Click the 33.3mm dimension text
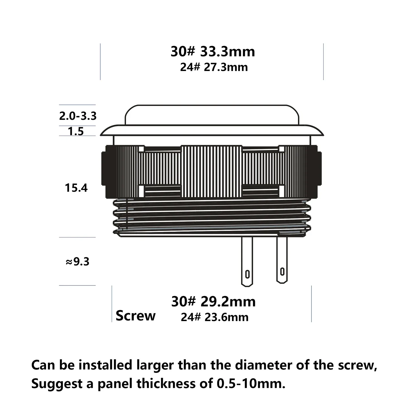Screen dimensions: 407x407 [228, 51]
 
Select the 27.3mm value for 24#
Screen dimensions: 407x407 [226, 67]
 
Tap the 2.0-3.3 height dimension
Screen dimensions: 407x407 [78, 116]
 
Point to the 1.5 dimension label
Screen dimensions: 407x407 [76, 131]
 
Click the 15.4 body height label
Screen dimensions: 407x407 [76, 188]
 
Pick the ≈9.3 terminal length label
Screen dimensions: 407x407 [77, 261]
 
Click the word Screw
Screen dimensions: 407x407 [135, 316]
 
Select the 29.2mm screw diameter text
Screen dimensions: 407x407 [228, 302]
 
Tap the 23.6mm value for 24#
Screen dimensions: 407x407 [226, 317]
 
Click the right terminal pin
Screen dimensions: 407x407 [282, 259]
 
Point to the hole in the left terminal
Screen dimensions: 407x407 [247, 274]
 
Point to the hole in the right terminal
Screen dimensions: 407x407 [282, 271]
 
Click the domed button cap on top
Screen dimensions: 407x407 [212, 115]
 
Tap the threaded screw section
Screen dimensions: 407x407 [212, 218]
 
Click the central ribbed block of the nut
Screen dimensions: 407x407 [211, 171]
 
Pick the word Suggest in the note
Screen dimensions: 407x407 [57, 384]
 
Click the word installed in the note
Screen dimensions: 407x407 [105, 365]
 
